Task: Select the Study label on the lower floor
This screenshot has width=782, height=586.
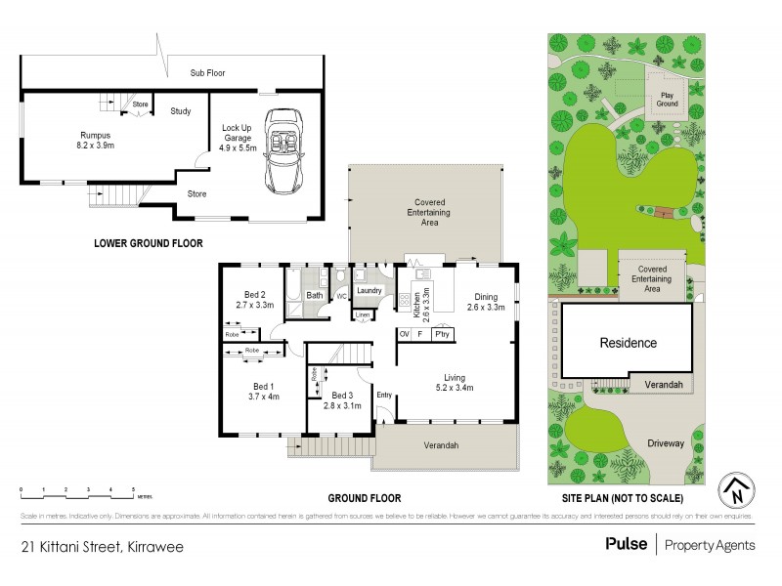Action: [180, 111]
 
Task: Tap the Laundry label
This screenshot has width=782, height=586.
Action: [369, 290]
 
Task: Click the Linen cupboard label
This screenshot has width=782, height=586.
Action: [362, 314]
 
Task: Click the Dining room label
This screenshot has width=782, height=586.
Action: [486, 298]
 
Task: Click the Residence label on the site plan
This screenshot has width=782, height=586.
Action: [629, 343]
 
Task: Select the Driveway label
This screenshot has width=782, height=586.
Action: [665, 443]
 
